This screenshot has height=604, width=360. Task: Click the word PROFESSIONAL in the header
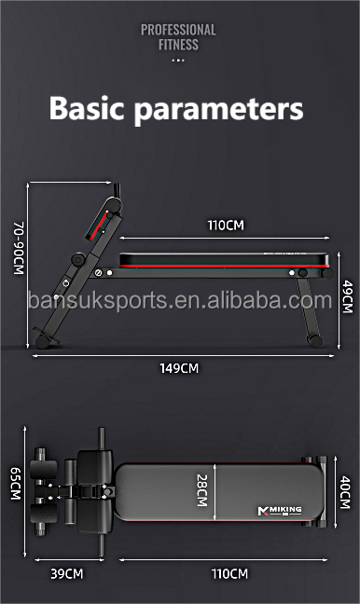click(178, 30)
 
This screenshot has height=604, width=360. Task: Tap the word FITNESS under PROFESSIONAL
click(178, 45)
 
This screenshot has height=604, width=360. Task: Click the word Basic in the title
click(87, 108)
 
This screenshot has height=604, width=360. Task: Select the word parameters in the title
click(219, 110)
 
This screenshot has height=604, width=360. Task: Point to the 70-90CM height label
click(19, 248)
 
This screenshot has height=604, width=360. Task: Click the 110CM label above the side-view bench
click(226, 225)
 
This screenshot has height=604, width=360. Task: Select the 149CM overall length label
click(179, 368)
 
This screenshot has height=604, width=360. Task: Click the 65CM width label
click(16, 484)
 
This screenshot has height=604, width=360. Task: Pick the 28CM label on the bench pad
click(202, 490)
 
